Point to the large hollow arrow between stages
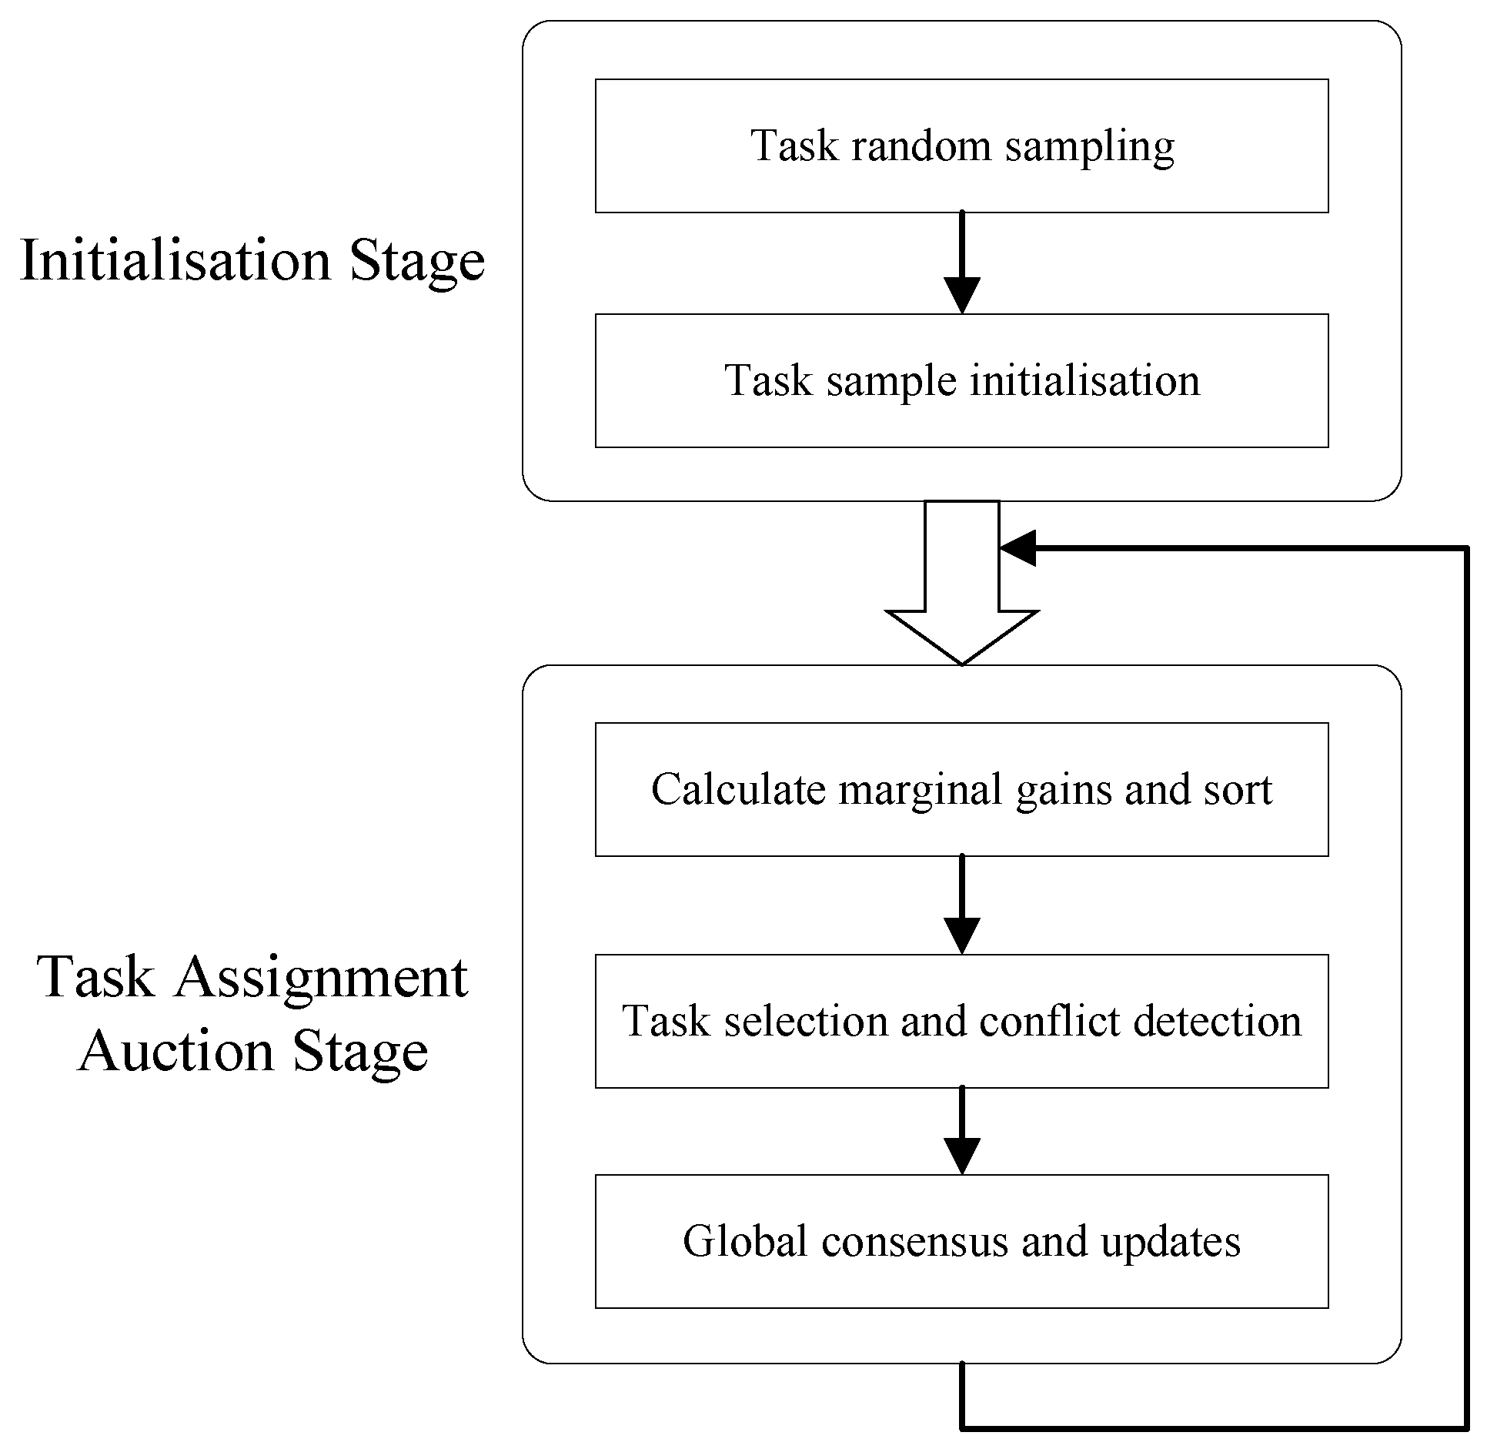click(961, 593)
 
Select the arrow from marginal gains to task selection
click(961, 905)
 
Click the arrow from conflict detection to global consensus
click(961, 1132)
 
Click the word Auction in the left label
click(176, 1051)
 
